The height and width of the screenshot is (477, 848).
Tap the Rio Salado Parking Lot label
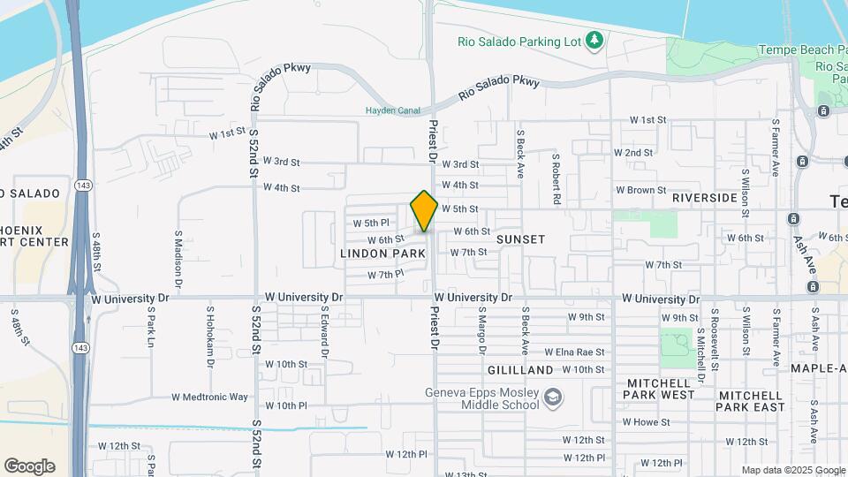pos(522,42)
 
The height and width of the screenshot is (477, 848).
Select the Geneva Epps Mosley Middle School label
pos(482,399)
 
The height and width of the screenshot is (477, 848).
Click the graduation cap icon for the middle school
pos(553,397)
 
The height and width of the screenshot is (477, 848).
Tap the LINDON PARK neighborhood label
pos(383,254)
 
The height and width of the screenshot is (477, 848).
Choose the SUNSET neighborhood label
pos(520,239)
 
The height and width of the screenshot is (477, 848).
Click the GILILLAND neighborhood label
pos(520,370)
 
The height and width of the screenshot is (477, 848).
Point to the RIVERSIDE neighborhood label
pos(704,198)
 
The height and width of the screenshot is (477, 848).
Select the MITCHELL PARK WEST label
pos(661,389)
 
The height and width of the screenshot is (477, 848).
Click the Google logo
pos(29,466)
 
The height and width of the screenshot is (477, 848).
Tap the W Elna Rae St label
pos(574,352)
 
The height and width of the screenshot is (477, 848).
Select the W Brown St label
pos(640,190)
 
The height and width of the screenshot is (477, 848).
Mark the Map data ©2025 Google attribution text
pos(792,470)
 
